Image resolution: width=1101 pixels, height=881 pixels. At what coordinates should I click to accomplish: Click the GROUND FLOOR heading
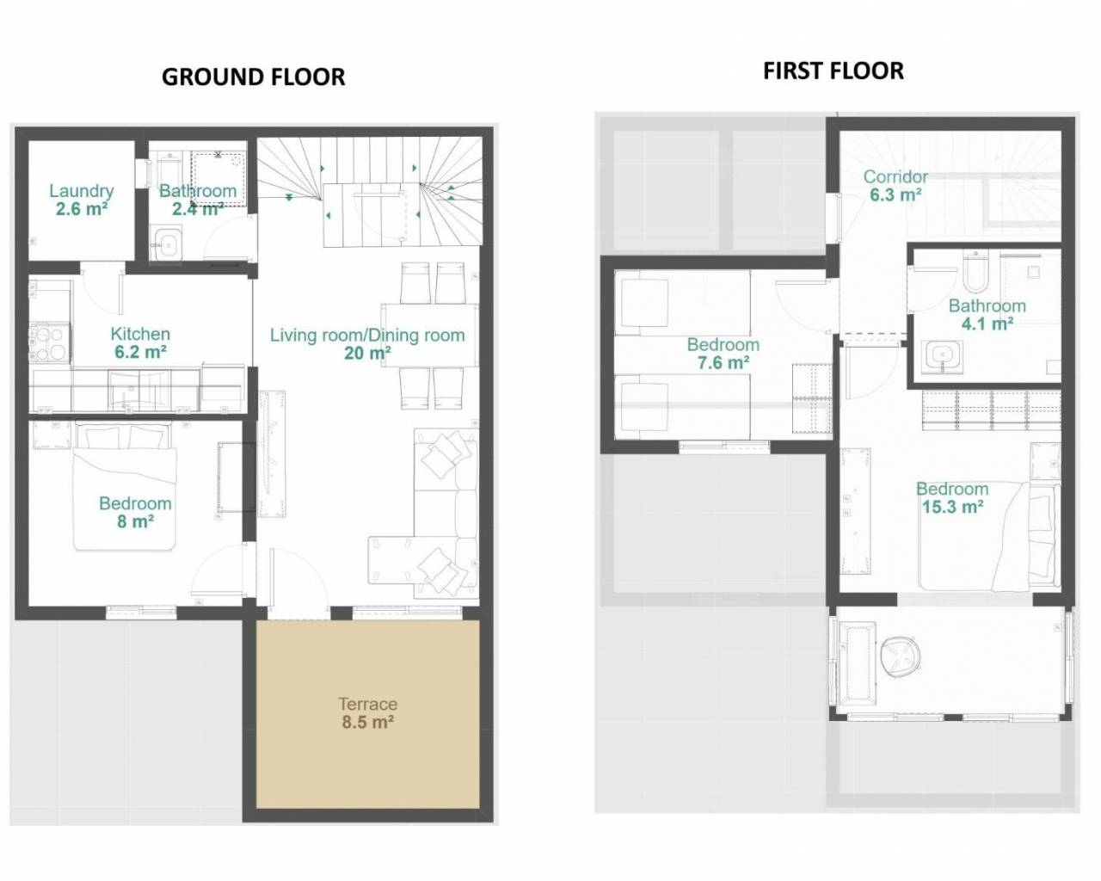pos(253,77)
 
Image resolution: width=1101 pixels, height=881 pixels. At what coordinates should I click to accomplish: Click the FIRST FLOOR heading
pos(833,71)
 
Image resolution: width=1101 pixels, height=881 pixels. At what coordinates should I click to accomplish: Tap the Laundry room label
pos(82,191)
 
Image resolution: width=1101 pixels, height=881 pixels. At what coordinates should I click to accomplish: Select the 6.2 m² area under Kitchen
pos(140,352)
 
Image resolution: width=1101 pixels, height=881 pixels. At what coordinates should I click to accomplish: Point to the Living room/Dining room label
pos(367,336)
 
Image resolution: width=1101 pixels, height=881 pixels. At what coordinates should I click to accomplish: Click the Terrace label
pos(368,704)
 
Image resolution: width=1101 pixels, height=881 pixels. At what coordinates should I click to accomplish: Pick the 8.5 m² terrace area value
pos(368,723)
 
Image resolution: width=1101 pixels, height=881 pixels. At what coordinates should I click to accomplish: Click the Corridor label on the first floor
pos(895,176)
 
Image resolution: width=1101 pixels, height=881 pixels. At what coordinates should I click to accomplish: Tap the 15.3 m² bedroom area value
pos(952,507)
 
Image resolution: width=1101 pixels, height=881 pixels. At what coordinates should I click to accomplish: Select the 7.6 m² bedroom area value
pos(723,363)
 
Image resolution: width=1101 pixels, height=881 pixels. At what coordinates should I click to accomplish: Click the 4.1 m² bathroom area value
pos(987,324)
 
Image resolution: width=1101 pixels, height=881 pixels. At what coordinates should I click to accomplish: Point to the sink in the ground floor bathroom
pos(167,243)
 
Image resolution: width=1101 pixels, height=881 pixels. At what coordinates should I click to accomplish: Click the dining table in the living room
pos(430,336)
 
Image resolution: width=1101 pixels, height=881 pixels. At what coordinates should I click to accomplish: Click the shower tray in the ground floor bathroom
pos(218,178)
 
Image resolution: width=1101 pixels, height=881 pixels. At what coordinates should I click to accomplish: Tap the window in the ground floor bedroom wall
pos(141,612)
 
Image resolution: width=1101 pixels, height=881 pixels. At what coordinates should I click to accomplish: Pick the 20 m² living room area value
pos(367,354)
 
